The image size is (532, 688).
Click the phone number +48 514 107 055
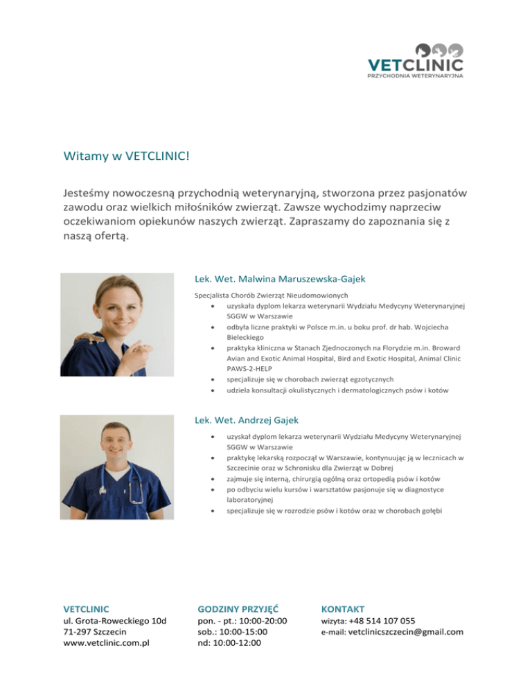(382, 621)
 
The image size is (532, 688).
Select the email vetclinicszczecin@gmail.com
(406, 631)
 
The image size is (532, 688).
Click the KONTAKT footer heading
(342, 609)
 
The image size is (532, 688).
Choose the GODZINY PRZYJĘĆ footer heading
(238, 609)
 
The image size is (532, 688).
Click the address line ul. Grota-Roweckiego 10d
(115, 621)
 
